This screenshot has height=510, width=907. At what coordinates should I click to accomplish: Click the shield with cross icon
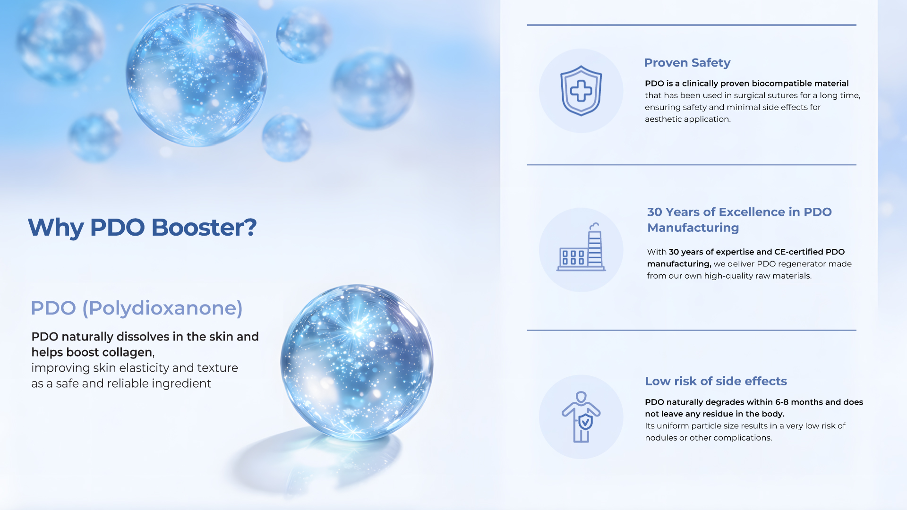[x=581, y=91]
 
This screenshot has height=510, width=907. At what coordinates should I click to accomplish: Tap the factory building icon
[x=581, y=247]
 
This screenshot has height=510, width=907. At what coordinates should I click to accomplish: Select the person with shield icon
[x=581, y=417]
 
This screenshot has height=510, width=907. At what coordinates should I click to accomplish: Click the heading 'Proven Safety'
[x=687, y=63]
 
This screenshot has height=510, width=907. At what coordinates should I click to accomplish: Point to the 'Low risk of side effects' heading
[x=716, y=381]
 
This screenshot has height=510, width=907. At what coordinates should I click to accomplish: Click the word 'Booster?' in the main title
[x=204, y=228]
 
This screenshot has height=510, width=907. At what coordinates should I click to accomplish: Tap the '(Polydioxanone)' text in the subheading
[x=163, y=308]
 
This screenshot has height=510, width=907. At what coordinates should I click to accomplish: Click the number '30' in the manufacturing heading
[x=655, y=212]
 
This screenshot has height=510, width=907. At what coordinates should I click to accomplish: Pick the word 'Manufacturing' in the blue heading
[x=693, y=228]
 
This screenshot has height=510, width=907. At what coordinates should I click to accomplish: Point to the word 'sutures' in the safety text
[x=780, y=95]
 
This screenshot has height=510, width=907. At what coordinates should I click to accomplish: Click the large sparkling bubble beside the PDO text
[x=357, y=363]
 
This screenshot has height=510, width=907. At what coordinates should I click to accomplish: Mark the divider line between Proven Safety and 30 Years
[x=692, y=165]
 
